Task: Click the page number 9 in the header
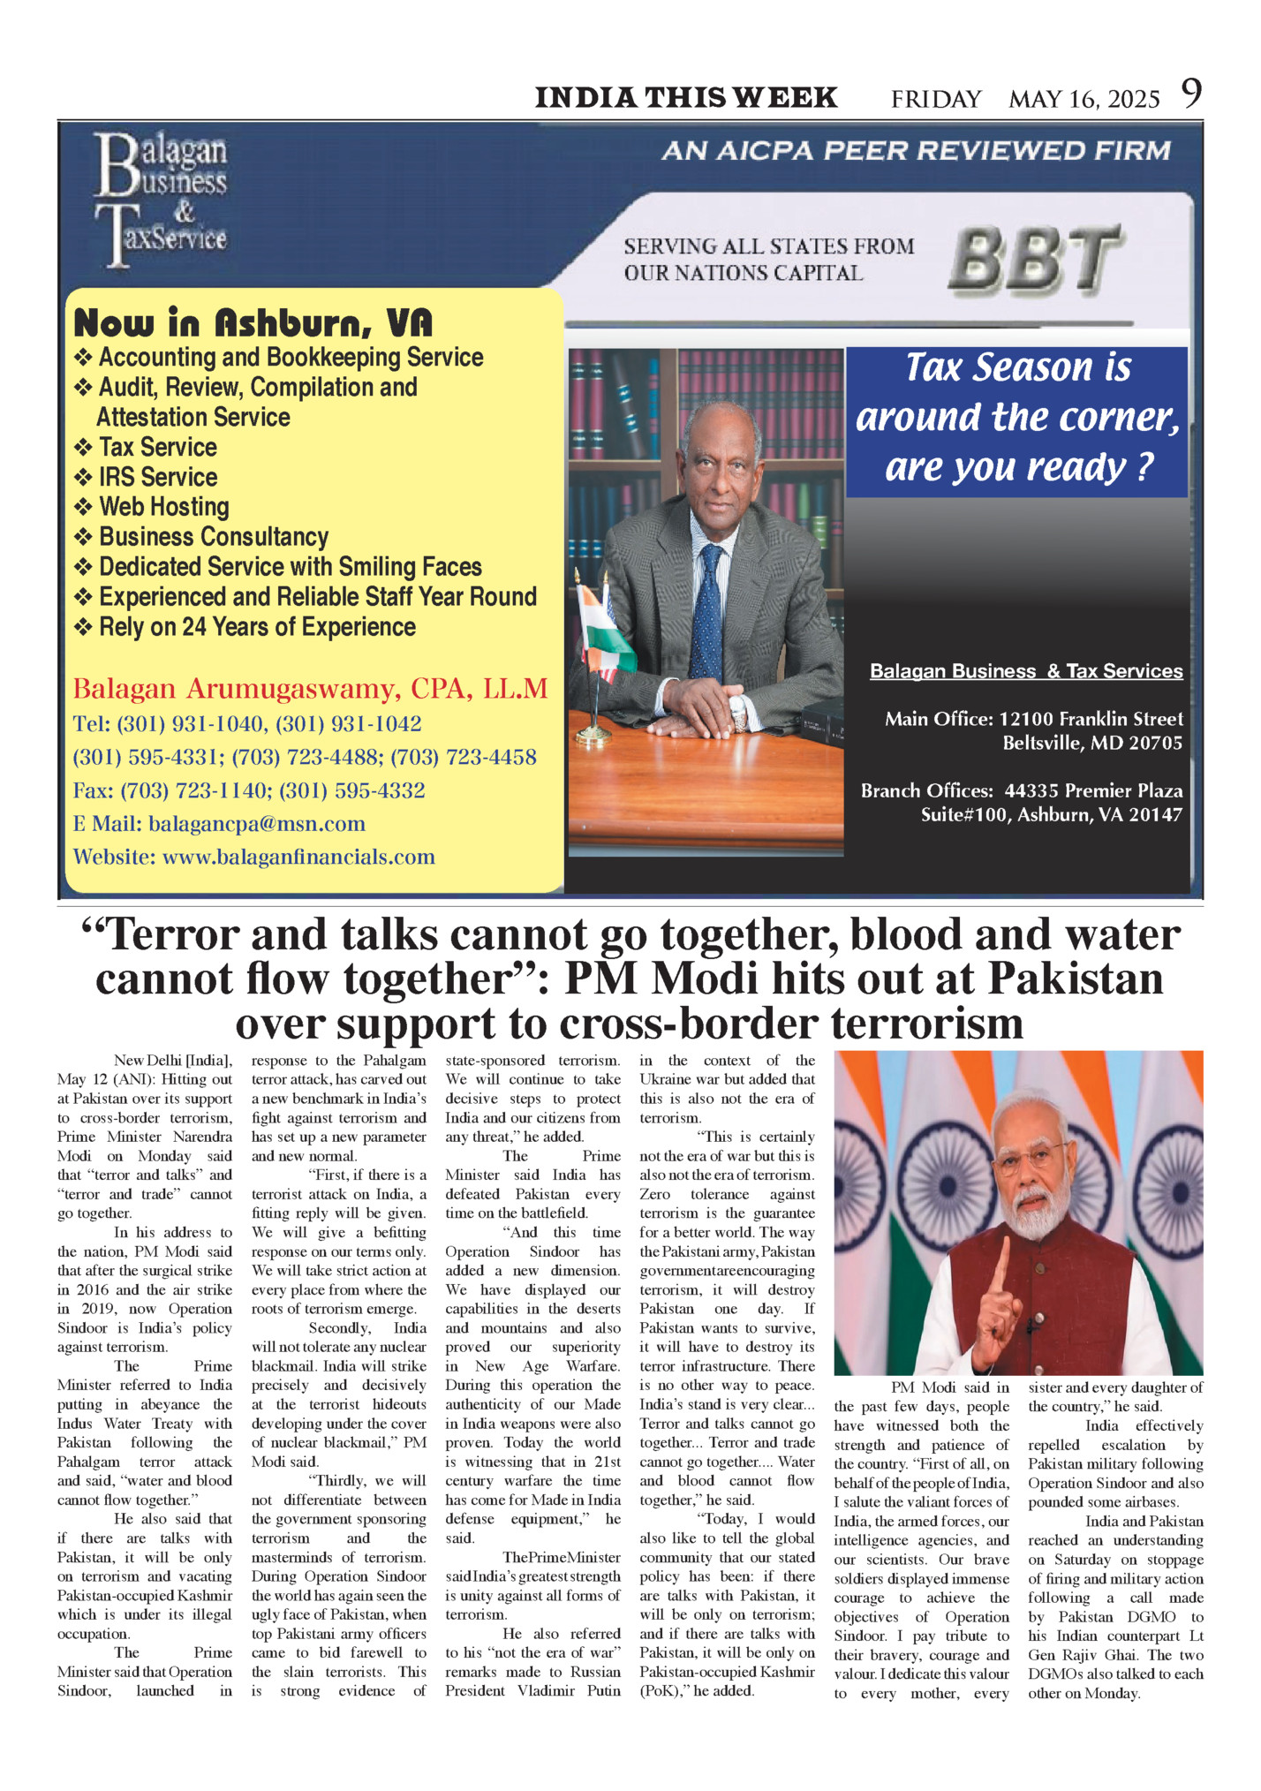[1191, 94]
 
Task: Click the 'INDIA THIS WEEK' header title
[686, 97]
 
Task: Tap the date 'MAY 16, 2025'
[1084, 99]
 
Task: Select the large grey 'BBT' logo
[1035, 259]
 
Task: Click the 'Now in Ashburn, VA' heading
[253, 323]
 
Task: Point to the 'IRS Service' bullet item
[157, 477]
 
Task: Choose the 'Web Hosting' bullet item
[163, 507]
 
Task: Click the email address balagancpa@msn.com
[256, 824]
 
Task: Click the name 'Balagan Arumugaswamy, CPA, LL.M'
[310, 689]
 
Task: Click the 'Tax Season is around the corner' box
[1016, 418]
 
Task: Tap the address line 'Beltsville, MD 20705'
[1091, 743]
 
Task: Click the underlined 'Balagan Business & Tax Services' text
[1026, 671]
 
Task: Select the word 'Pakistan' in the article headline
[1075, 979]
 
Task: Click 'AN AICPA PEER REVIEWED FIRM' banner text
[916, 151]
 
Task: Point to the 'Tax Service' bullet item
[157, 447]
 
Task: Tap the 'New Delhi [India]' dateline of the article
[173, 1061]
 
